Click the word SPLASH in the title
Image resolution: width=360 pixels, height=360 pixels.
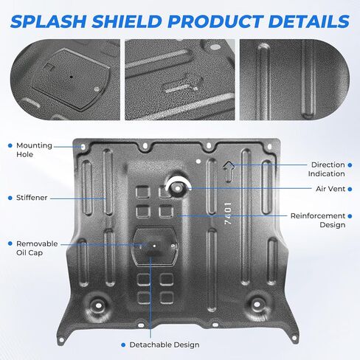click(48, 21)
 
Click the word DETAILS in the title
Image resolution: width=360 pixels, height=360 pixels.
click(308, 21)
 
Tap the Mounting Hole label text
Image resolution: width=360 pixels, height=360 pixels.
click(34, 150)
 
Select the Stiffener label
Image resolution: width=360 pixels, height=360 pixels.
click(32, 198)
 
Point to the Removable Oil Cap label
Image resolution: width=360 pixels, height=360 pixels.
click(37, 249)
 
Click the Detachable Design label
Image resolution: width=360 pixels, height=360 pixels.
click(165, 345)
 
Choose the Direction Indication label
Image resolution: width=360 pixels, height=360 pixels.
click(327, 169)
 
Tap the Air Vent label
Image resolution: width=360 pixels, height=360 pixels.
click(330, 189)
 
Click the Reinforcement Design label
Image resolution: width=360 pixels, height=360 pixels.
click(318, 221)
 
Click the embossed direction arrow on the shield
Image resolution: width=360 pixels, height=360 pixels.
click(229, 171)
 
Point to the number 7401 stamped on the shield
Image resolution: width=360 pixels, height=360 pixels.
click(228, 213)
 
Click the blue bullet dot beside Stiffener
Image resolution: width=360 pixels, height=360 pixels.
click(10, 198)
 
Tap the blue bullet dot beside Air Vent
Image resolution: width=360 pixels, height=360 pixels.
click(350, 189)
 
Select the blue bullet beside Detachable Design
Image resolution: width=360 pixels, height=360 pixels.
click(123, 345)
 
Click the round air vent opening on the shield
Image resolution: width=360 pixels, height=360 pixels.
click(178, 188)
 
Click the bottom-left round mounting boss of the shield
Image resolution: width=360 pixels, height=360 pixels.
click(98, 305)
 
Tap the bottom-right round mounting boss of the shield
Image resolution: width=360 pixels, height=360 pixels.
click(257, 305)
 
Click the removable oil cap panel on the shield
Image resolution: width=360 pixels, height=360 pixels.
click(155, 246)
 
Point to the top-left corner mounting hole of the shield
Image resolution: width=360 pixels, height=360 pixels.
click(83, 147)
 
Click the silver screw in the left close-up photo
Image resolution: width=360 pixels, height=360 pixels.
click(97, 89)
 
